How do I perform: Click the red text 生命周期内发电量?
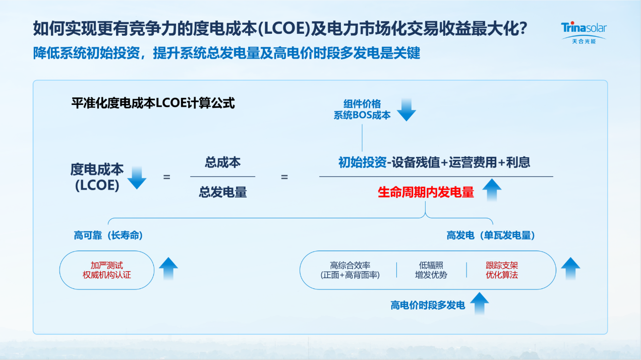coord(426,192)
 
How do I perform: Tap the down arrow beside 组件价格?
coord(406,109)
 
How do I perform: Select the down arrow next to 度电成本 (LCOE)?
coord(137,177)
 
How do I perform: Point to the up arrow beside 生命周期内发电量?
coord(492,191)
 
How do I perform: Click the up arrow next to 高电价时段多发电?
coord(479,303)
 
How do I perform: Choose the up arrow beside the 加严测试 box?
coord(168,269)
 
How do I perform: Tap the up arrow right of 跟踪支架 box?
coord(570,269)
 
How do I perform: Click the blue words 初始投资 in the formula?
coord(362,162)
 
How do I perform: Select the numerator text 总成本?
coord(222,162)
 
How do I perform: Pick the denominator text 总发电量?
coord(222,192)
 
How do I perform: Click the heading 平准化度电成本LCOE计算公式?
coord(153,103)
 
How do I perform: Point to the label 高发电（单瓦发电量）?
coord(491,235)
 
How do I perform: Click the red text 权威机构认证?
coord(107,275)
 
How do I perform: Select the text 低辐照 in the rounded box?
coord(431,265)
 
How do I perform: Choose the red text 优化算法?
coord(502,275)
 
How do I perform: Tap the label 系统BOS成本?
coord(362,115)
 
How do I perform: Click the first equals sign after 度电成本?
coord(166,177)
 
